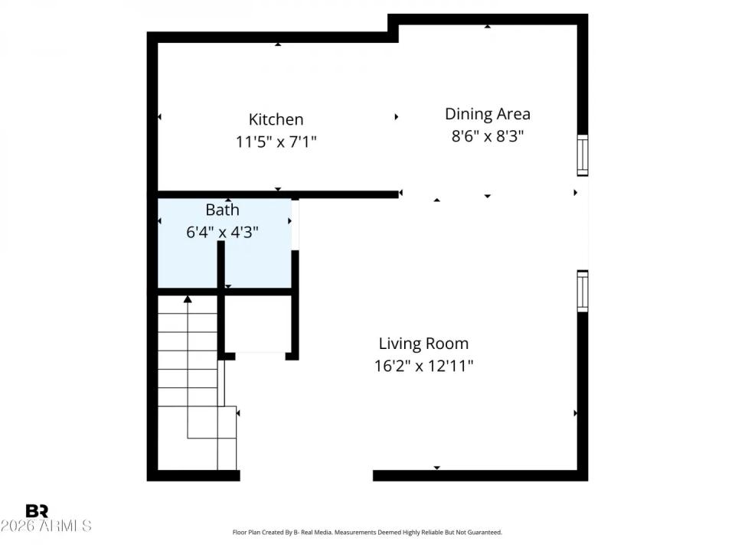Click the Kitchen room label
276,119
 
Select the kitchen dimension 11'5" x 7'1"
276,142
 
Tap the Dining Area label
488,114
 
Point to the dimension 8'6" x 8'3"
488,136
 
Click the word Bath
222,210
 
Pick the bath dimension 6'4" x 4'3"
222,231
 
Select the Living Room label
423,344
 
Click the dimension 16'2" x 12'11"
423,366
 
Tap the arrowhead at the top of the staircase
188,298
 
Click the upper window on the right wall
583,155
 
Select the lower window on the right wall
583,291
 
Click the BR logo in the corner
37,511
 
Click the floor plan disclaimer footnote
367,532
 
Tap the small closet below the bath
259,323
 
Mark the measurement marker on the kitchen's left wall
159,117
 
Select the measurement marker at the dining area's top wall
488,27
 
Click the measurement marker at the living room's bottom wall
437,467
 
